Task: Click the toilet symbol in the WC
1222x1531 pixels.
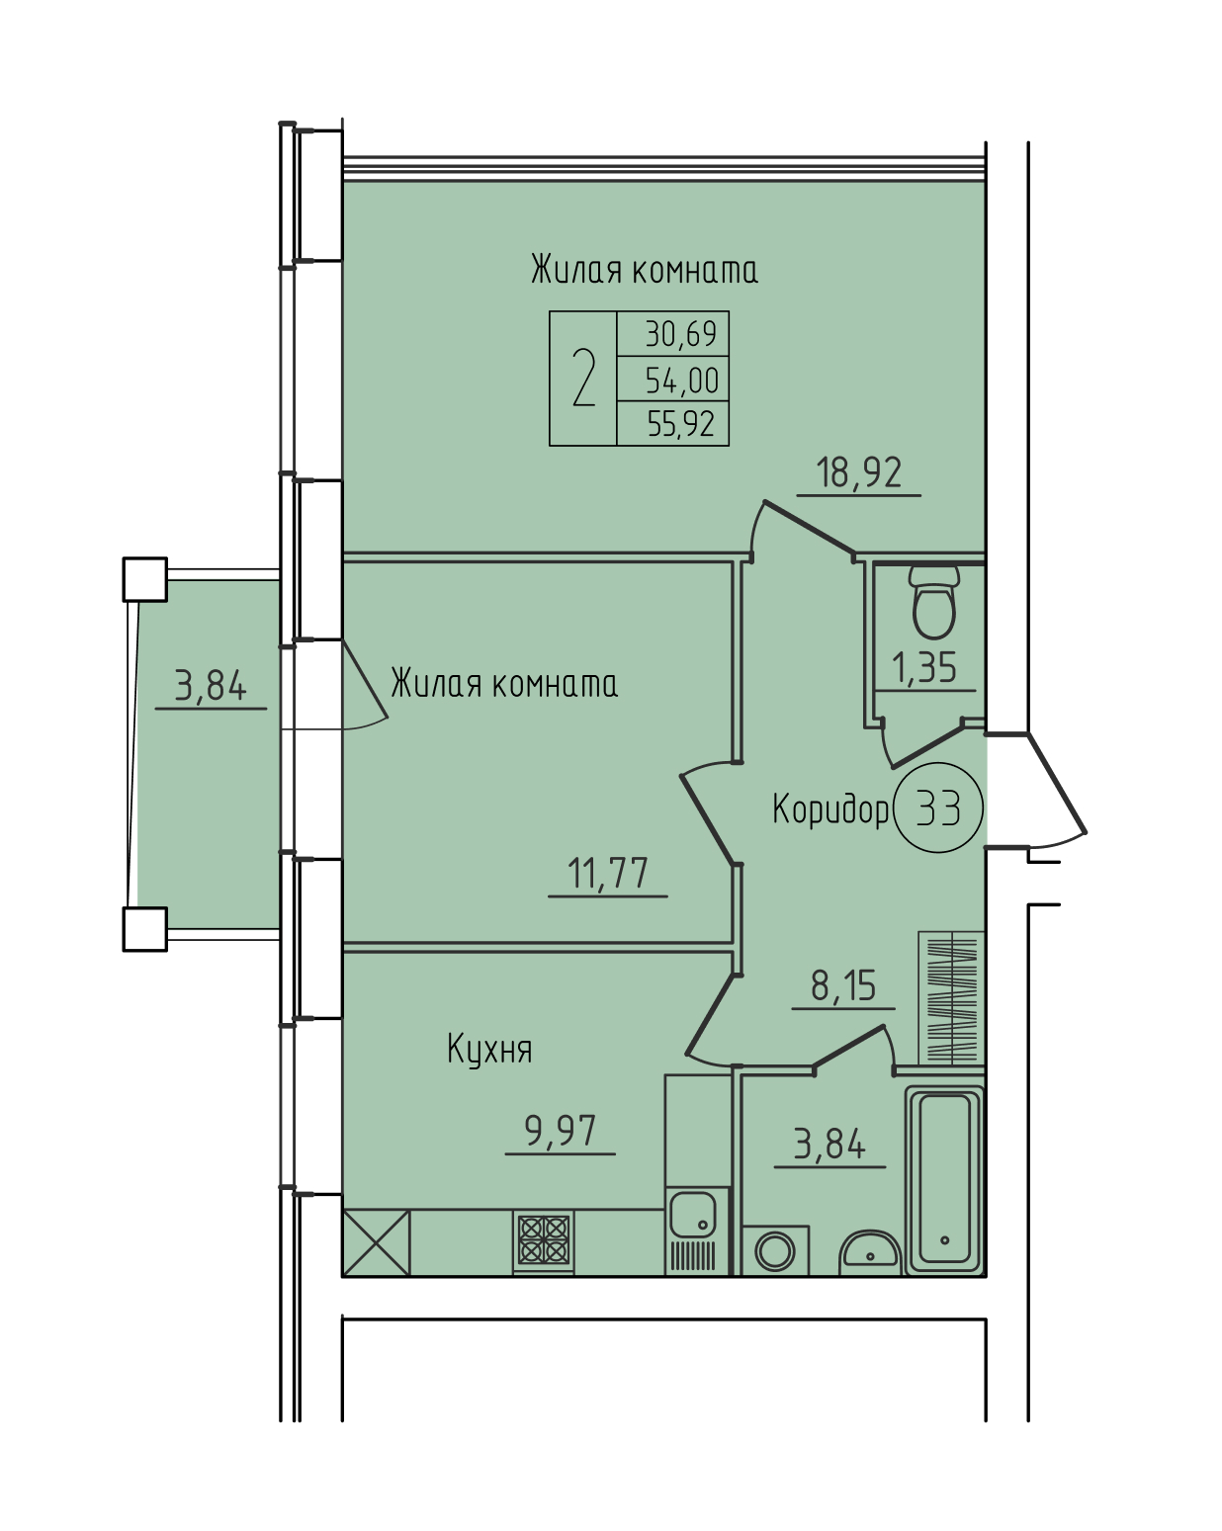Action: (933, 602)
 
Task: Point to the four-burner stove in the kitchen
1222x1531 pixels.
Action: (544, 1240)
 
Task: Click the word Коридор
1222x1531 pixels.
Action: (830, 808)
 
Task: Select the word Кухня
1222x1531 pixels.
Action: (489, 1050)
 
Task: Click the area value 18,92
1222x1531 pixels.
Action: (858, 473)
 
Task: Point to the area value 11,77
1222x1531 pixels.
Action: (608, 874)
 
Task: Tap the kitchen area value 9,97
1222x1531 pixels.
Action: (561, 1131)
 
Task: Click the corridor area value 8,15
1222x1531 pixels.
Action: (843, 986)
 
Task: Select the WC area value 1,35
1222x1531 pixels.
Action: (924, 669)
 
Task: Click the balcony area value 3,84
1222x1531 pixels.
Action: (211, 687)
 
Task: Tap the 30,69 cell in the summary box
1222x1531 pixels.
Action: (681, 334)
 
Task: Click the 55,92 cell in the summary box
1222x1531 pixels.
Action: (681, 424)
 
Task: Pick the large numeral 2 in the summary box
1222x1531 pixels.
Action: (583, 378)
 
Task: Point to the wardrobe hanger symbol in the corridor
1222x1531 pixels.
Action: (951, 997)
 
